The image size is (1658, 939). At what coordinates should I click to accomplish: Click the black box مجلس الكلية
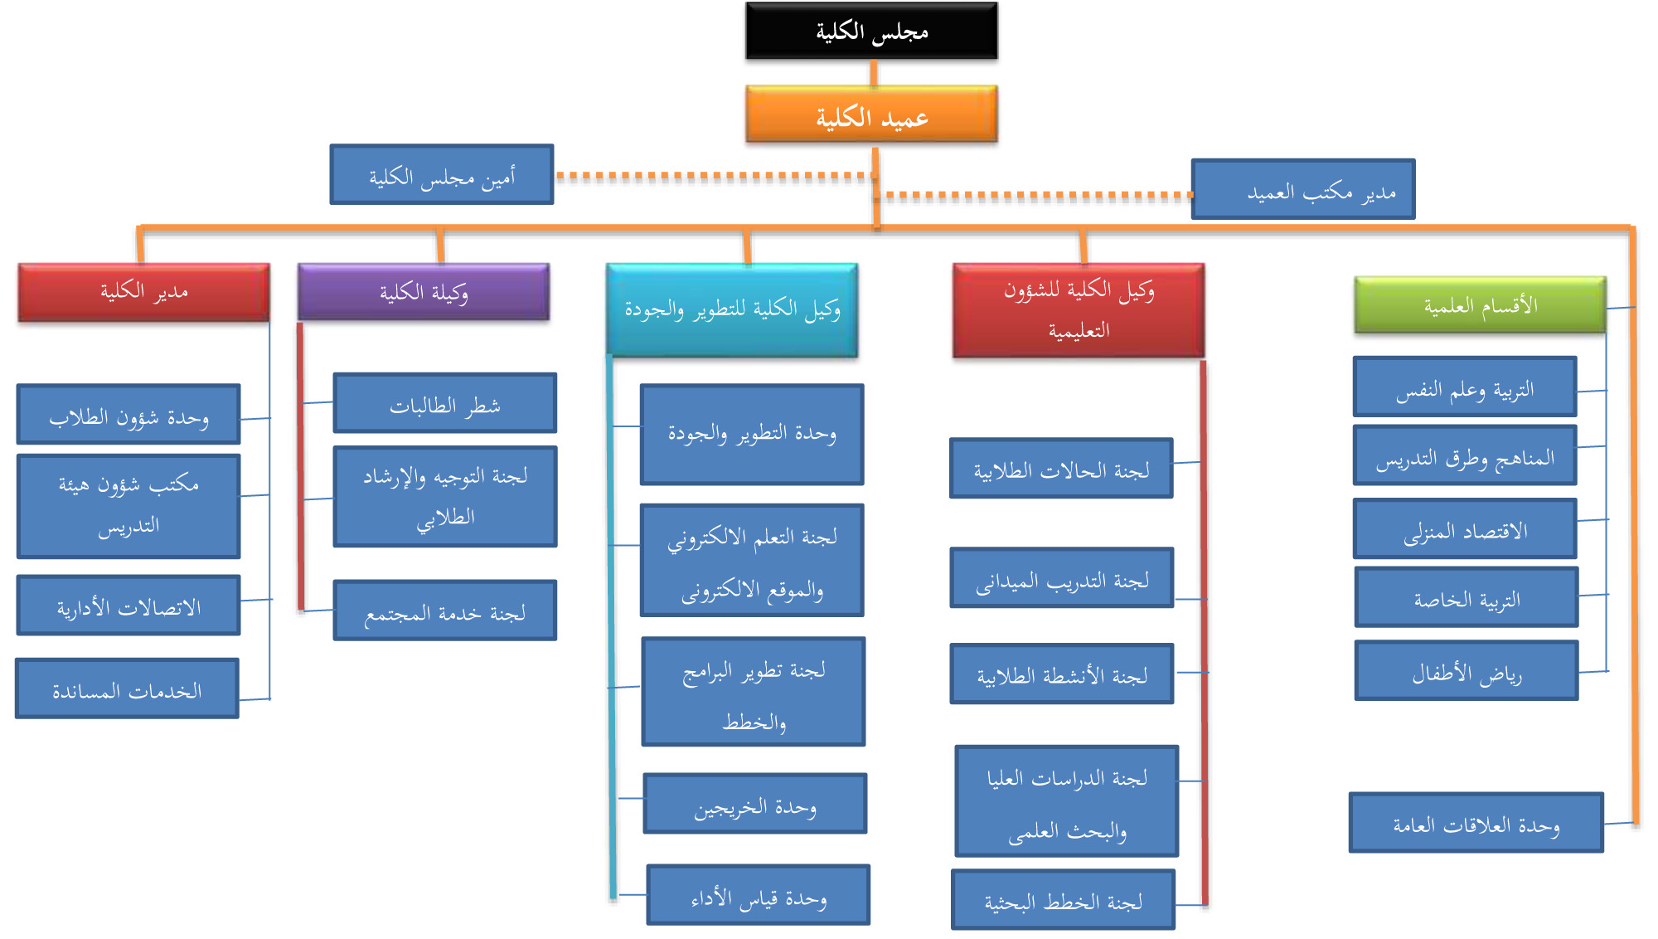[871, 31]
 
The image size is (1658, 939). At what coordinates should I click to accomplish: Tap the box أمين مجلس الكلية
[442, 175]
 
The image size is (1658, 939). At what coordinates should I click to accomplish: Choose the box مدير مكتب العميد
[1303, 190]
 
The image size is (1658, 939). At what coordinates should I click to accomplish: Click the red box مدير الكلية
[144, 292]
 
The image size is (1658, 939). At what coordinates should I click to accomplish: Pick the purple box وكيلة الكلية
[424, 292]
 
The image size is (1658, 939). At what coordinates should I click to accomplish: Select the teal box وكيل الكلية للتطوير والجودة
[732, 310]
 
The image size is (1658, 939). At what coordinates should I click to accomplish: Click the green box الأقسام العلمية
[1480, 305]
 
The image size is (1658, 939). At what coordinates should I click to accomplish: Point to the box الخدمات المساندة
[127, 688]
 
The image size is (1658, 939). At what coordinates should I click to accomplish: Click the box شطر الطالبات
[445, 403]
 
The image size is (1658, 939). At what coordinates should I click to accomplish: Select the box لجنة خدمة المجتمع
[445, 611]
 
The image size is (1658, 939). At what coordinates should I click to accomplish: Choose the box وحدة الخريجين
[755, 805]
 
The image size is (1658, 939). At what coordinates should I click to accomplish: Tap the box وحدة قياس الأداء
[759, 896]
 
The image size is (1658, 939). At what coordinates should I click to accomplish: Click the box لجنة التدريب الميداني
[1062, 578]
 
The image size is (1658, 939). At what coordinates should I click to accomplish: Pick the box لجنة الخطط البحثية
[1064, 900]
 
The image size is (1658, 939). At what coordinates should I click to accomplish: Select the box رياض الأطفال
[1467, 671]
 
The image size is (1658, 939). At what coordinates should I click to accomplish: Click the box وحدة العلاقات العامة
[1476, 824]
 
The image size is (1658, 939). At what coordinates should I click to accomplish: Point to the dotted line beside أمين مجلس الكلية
[713, 176]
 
